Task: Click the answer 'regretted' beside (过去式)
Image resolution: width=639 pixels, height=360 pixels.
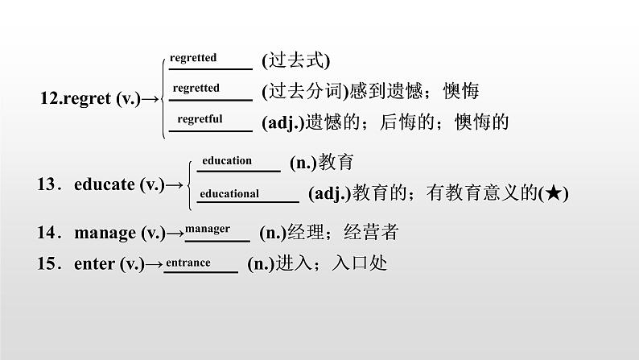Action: coord(194,58)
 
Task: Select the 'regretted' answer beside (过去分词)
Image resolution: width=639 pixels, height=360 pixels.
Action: coord(196,88)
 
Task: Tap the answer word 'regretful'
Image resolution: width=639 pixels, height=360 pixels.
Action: coord(200,118)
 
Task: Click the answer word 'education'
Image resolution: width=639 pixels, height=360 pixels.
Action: coord(227,160)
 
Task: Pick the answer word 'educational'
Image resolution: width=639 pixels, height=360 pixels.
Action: coord(229,193)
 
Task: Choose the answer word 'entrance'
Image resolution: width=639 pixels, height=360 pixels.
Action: coord(189,263)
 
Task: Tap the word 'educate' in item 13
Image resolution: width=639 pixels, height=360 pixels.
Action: coord(104,184)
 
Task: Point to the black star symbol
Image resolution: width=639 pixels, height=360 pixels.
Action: coord(554,193)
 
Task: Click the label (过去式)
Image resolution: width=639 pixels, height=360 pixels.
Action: coord(296,60)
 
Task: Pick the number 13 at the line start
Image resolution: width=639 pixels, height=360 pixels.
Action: coord(46,184)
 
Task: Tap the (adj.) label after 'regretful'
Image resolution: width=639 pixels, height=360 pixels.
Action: coord(280,122)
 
